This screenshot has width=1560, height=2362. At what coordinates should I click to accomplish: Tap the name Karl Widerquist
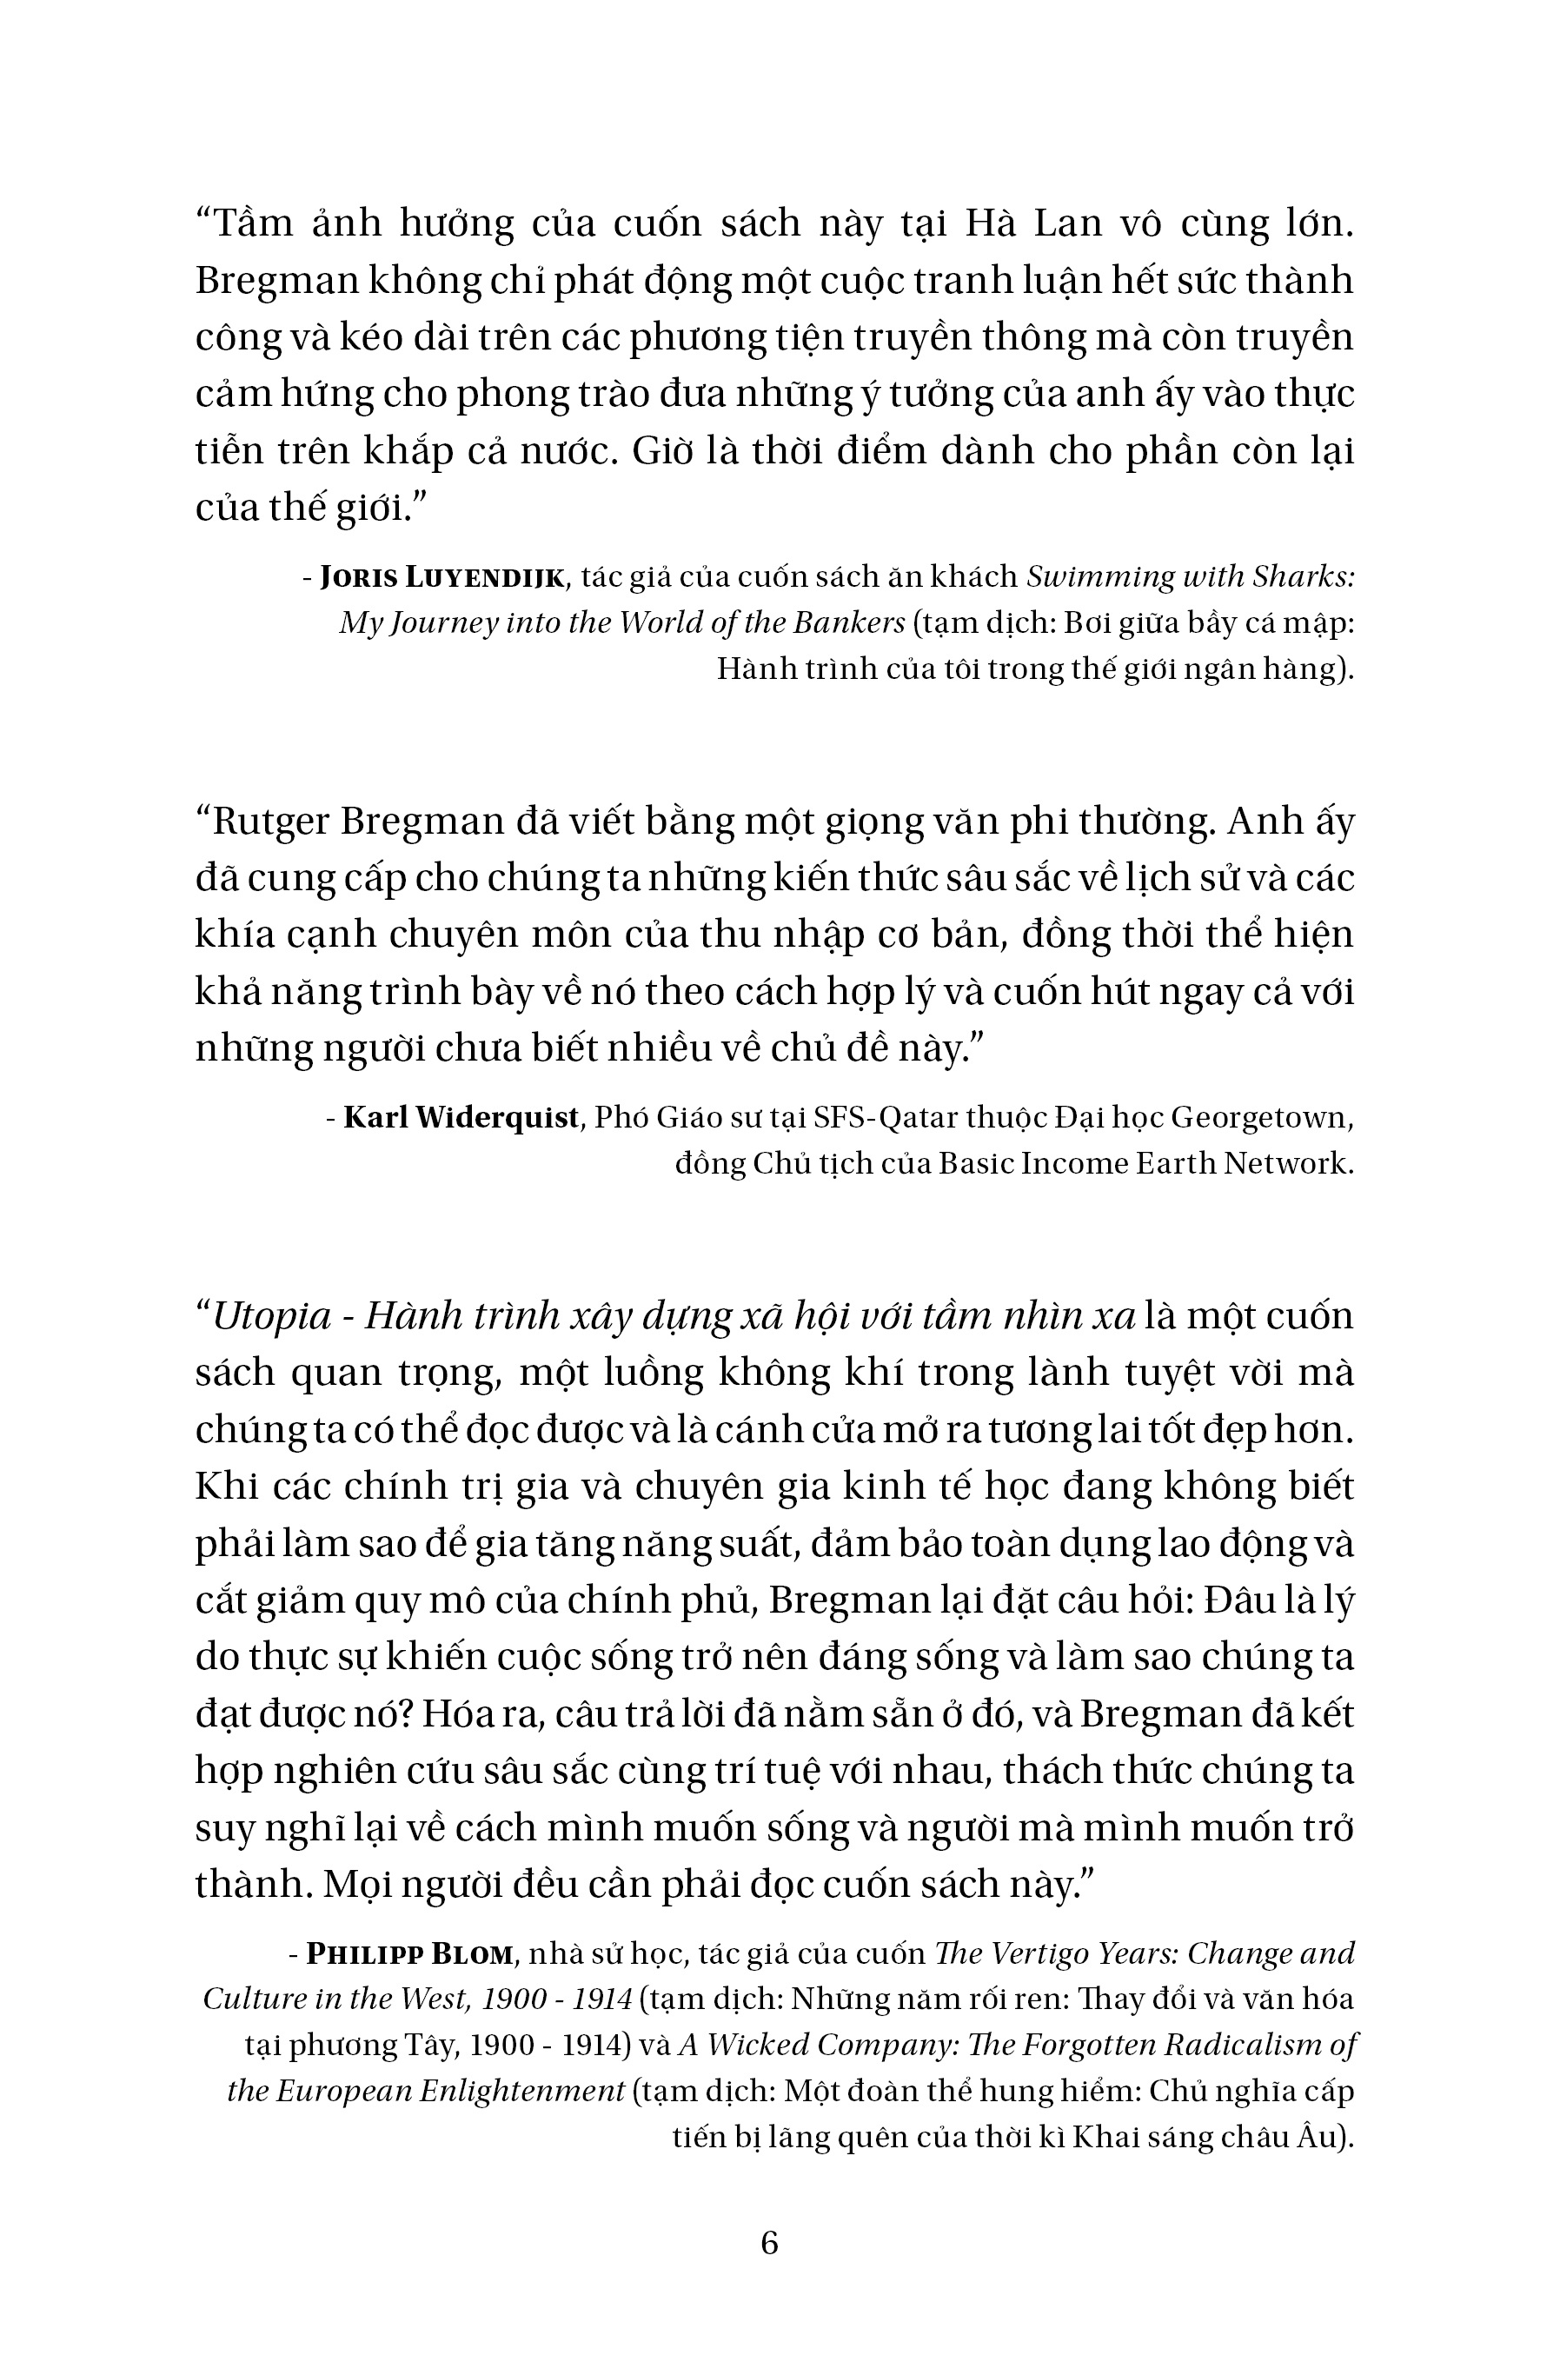[461, 1117]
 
